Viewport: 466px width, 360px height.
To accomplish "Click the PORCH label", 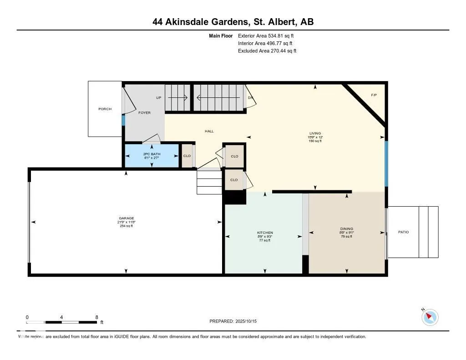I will (105, 109).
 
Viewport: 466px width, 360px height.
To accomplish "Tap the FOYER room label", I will (144, 113).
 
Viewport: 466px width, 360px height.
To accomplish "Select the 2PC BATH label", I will (152, 155).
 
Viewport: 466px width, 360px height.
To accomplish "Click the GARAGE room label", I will (126, 218).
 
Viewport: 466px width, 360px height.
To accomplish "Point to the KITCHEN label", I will (265, 233).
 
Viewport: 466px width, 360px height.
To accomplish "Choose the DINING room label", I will (346, 229).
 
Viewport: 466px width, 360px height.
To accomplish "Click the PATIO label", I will (403, 232).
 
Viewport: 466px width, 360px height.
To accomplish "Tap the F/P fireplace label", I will (374, 95).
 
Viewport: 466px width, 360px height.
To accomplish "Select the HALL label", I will (209, 132).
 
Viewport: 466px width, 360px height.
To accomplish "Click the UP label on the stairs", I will (158, 98).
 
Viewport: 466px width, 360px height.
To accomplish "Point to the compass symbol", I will (430, 317).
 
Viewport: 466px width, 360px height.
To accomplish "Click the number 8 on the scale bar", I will (96, 317).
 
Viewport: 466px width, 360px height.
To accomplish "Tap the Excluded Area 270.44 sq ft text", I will (267, 51).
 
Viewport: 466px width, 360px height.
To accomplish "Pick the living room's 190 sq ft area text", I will (315, 141).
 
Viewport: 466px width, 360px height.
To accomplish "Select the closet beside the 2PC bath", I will (187, 156).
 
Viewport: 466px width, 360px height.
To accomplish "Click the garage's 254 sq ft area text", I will (126, 226).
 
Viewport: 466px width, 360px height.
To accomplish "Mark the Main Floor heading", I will (221, 35).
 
